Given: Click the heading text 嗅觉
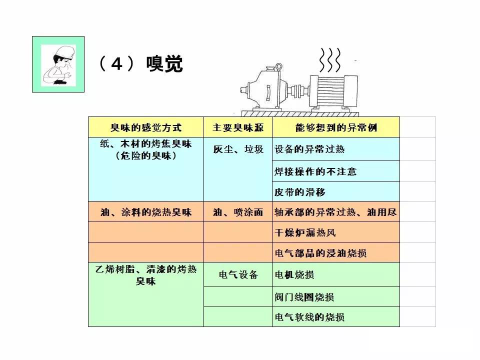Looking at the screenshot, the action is pyautogui.click(x=164, y=64).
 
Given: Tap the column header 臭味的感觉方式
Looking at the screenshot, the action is pyautogui.click(x=146, y=127).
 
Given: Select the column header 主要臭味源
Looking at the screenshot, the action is pyautogui.click(x=238, y=127).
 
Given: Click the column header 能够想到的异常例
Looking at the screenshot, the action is pyautogui.click(x=336, y=127).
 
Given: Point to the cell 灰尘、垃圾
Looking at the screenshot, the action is pyautogui.click(x=238, y=149).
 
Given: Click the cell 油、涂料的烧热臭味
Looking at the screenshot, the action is pyautogui.click(x=146, y=212).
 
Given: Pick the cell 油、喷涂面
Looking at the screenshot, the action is pyautogui.click(x=238, y=212).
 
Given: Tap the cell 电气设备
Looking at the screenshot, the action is pyautogui.click(x=238, y=274).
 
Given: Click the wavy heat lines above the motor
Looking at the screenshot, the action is pyautogui.click(x=329, y=60).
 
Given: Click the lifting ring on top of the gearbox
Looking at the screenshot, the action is pyautogui.click(x=278, y=66).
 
